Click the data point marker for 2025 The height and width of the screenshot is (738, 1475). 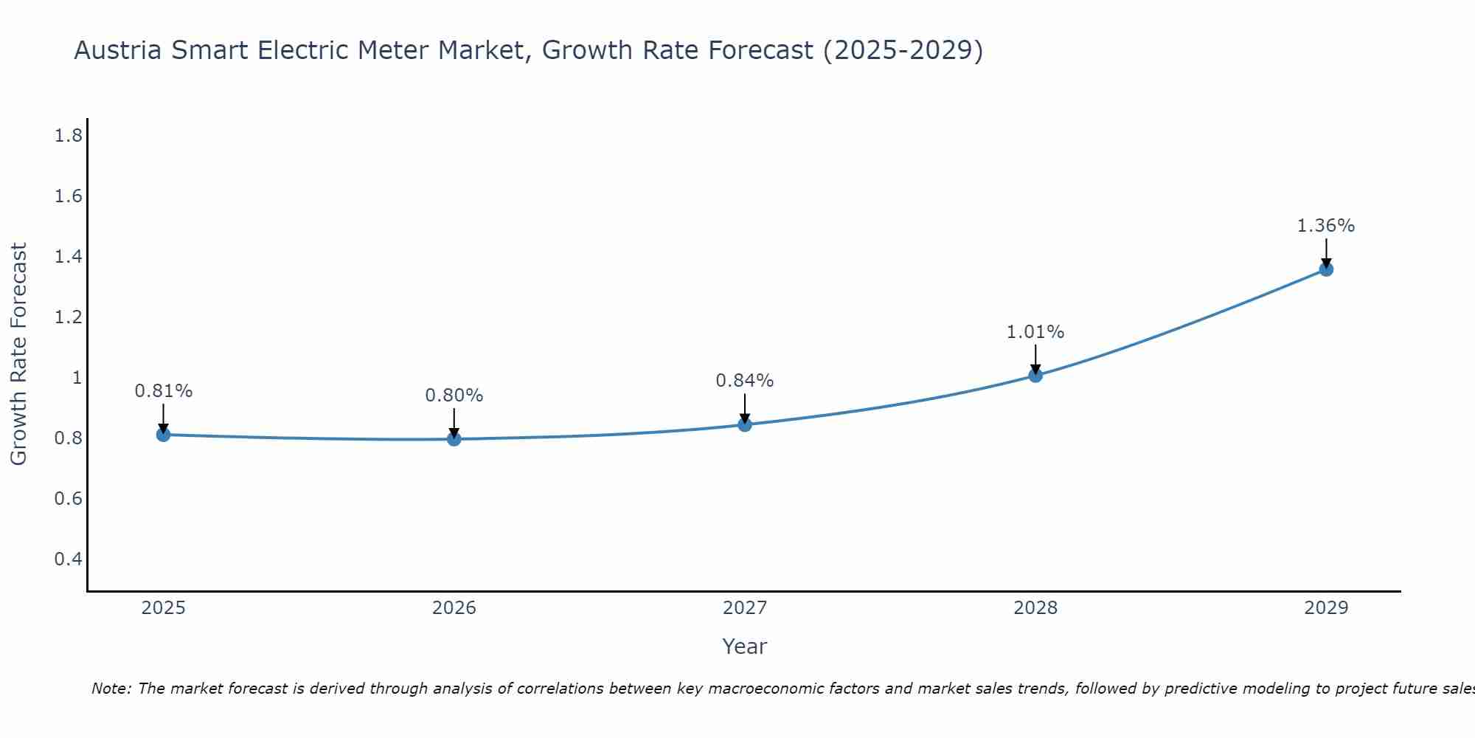(x=164, y=435)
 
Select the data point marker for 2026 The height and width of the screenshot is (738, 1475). (x=454, y=439)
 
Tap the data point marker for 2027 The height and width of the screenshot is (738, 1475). (x=745, y=424)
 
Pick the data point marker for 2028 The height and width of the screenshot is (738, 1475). (x=1035, y=375)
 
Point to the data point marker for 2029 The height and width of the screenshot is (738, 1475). (x=1326, y=269)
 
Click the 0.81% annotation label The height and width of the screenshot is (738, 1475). (x=164, y=391)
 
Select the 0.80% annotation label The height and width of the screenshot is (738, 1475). (x=454, y=396)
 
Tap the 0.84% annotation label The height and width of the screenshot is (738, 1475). (x=745, y=381)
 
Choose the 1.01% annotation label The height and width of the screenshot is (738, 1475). (x=1035, y=332)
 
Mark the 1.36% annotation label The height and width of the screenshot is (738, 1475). (x=1326, y=226)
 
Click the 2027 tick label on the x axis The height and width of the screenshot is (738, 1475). (x=745, y=608)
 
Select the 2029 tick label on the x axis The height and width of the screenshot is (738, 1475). (x=1326, y=608)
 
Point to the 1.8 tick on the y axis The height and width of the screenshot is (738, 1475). (x=69, y=136)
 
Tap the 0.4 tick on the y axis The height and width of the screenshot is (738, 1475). (x=69, y=559)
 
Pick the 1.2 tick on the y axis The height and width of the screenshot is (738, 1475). (x=69, y=317)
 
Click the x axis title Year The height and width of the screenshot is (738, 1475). (x=745, y=646)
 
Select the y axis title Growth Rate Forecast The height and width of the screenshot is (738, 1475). (x=19, y=354)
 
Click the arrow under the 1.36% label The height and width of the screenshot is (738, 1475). (x=1326, y=252)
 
